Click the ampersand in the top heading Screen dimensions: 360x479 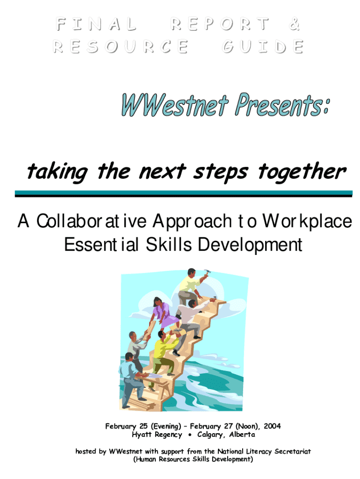(x=294, y=24)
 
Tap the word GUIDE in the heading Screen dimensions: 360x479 (x=263, y=46)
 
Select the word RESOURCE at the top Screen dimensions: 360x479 (x=121, y=46)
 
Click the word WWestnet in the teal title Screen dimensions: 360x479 (x=175, y=105)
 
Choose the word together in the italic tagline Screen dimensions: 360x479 (x=302, y=172)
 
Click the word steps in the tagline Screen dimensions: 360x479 (x=220, y=173)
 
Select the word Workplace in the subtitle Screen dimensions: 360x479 (x=307, y=221)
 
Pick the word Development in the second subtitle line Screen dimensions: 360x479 (x=250, y=245)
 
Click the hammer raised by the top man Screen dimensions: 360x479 (x=206, y=273)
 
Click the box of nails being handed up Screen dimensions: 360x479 (x=177, y=331)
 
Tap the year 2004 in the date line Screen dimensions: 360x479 (x=272, y=426)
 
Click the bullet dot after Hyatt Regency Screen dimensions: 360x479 (x=190, y=435)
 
